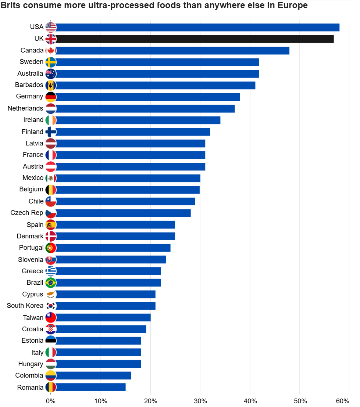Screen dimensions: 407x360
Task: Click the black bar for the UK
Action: pyautogui.click(x=195, y=39)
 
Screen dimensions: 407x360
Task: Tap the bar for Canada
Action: pyautogui.click(x=173, y=50)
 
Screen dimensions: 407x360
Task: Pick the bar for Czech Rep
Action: pyautogui.click(x=124, y=213)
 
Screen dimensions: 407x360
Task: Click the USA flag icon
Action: pyautogui.click(x=51, y=27)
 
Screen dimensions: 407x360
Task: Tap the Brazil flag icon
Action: pyautogui.click(x=51, y=283)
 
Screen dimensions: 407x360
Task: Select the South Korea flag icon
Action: pyautogui.click(x=51, y=306)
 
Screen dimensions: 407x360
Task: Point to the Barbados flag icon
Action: pyautogui.click(x=51, y=85)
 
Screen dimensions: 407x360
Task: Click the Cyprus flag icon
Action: pyautogui.click(x=51, y=294)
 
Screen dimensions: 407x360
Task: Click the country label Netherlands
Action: pyautogui.click(x=25, y=108)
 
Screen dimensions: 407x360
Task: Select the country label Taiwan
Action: pyautogui.click(x=33, y=318)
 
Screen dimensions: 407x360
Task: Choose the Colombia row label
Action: pyautogui.click(x=29, y=375)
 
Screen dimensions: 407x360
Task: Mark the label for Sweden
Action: pyautogui.click(x=31, y=62)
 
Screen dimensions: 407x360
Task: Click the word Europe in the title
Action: pyautogui.click(x=294, y=6)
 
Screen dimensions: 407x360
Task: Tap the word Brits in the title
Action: pyautogui.click(x=10, y=6)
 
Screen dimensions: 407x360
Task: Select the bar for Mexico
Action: pyautogui.click(x=128, y=178)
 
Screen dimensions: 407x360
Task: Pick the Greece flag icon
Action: pyautogui.click(x=51, y=271)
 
